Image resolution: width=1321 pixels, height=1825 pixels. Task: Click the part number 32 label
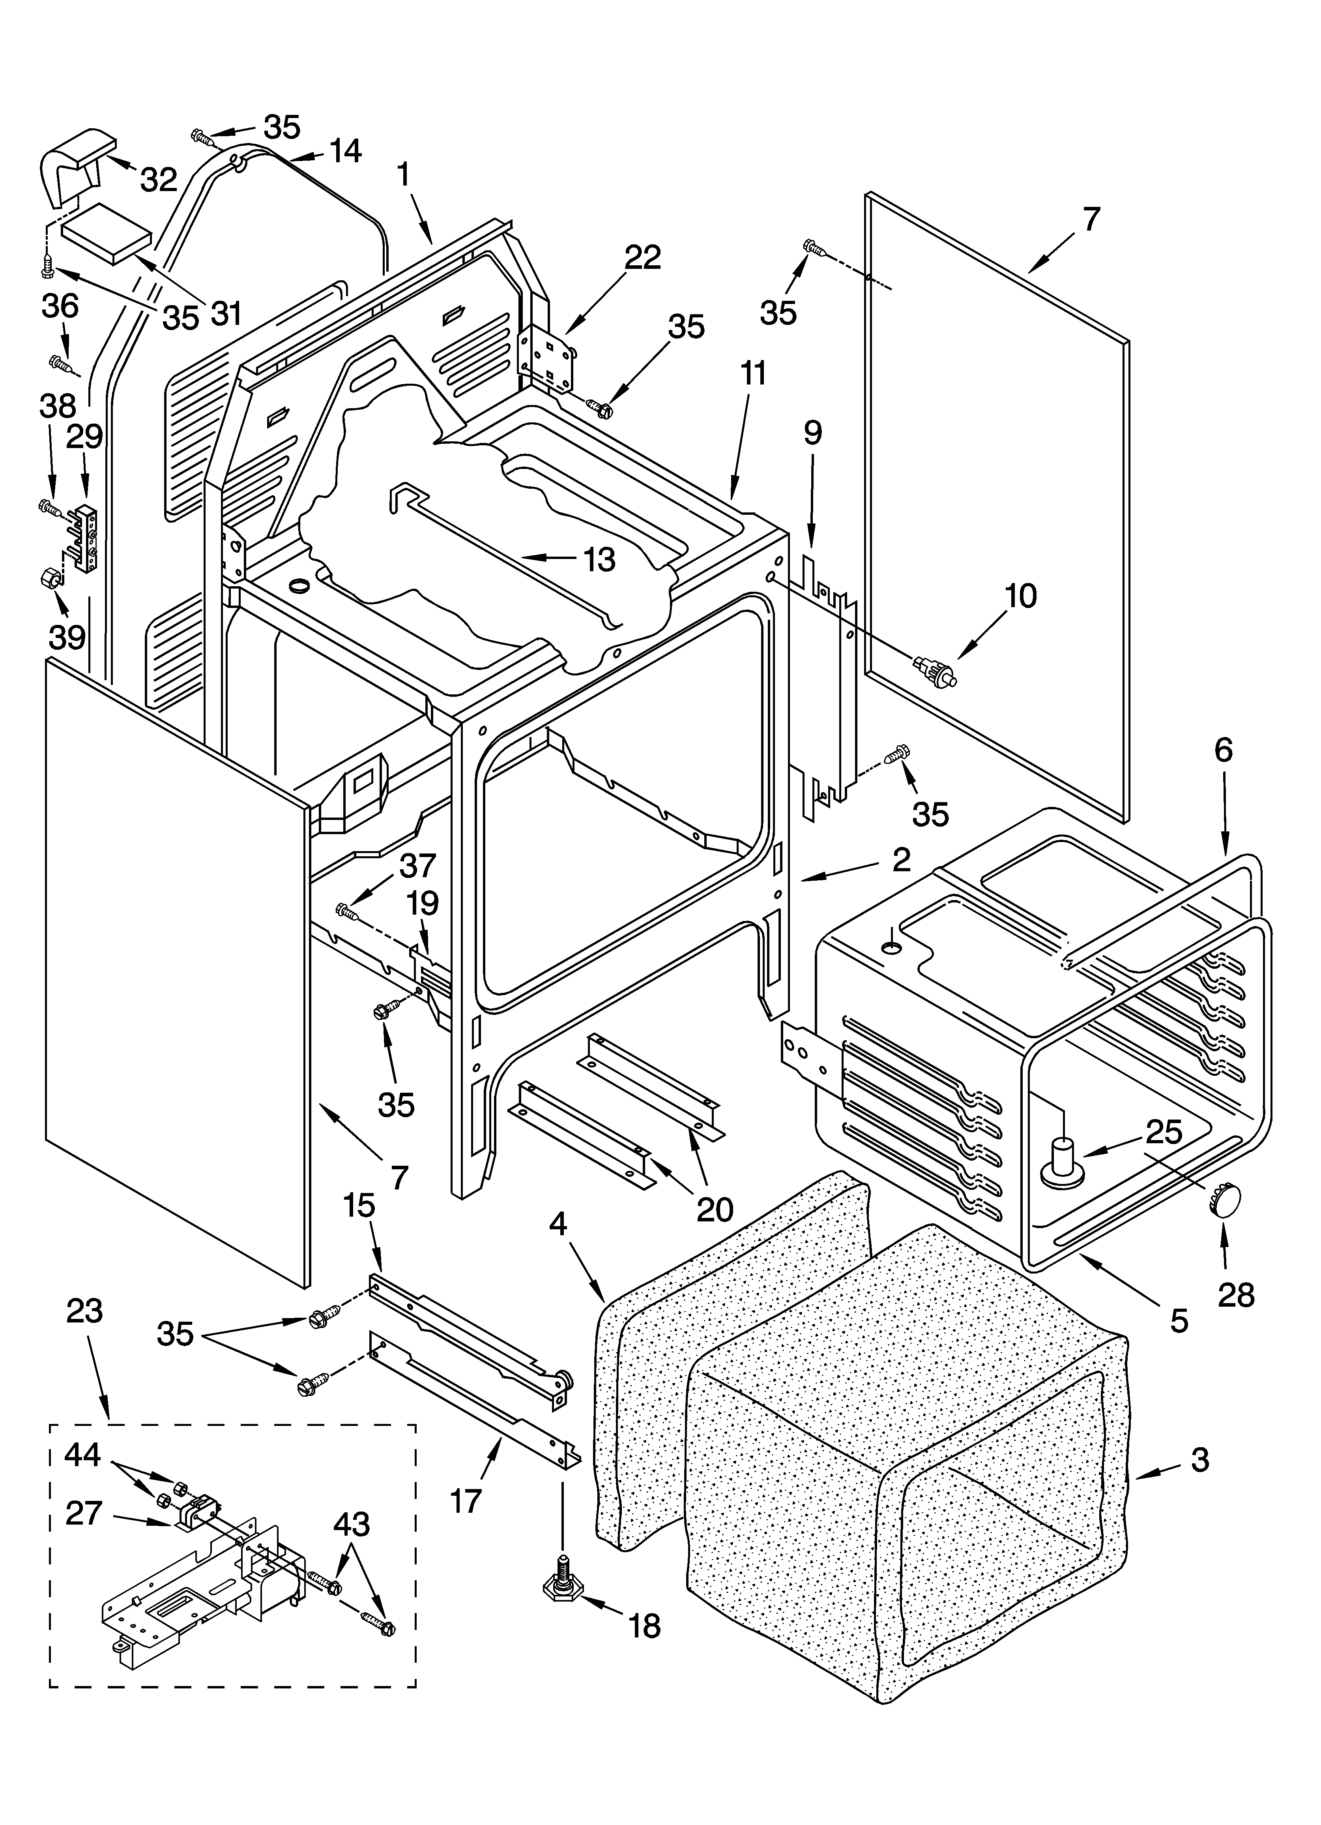pos(159,180)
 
